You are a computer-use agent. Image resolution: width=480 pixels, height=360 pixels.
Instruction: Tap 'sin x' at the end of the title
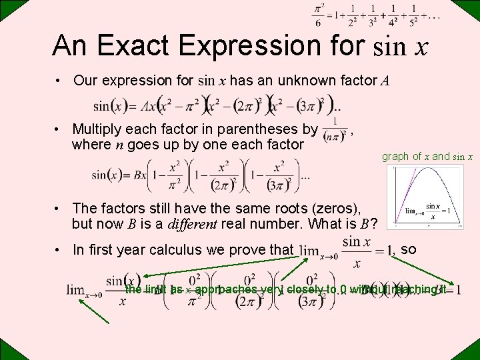pyautogui.click(x=401, y=46)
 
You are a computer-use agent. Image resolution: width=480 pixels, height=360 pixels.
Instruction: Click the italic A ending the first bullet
pyautogui.click(x=385, y=81)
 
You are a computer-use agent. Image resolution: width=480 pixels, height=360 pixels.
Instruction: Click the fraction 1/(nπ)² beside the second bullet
pyautogui.click(x=333, y=131)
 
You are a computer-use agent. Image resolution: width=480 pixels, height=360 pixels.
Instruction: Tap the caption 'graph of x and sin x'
pyautogui.click(x=427, y=157)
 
